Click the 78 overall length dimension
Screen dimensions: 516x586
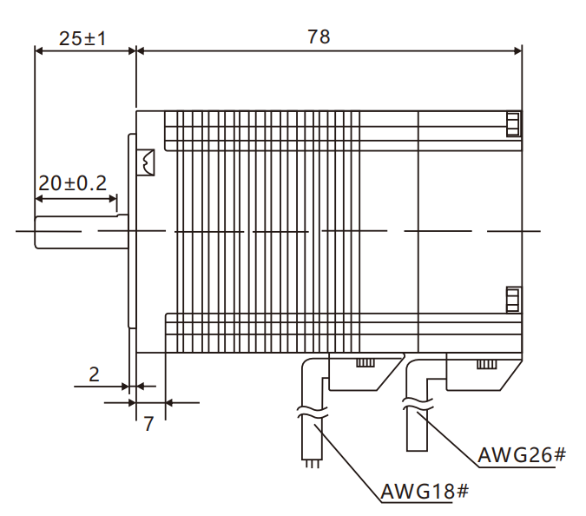pyautogui.click(x=319, y=36)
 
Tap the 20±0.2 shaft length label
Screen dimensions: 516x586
pyautogui.click(x=72, y=183)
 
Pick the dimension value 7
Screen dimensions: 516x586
pyautogui.click(x=148, y=424)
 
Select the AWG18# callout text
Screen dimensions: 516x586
pyautogui.click(x=424, y=492)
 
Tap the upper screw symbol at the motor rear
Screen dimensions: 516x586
pyautogui.click(x=513, y=124)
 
